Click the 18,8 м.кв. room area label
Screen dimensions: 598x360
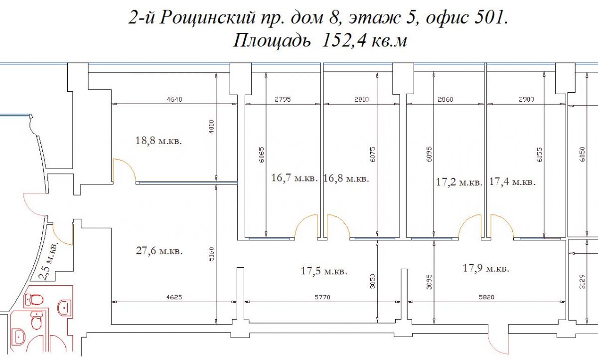pyautogui.click(x=158, y=141)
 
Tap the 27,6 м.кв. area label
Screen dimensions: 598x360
pyautogui.click(x=159, y=251)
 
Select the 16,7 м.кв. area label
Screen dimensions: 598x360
pyautogui.click(x=295, y=178)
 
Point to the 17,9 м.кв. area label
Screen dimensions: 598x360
pyautogui.click(x=486, y=268)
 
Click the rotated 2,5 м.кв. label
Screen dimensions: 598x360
pyautogui.click(x=49, y=261)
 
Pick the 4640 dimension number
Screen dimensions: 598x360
pyautogui.click(x=174, y=99)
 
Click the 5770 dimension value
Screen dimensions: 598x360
pyautogui.click(x=322, y=297)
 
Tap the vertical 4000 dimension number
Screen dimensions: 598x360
pyautogui.click(x=211, y=127)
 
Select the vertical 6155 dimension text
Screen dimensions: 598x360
pyautogui.click(x=540, y=155)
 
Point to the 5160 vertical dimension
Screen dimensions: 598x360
pyautogui.click(x=211, y=254)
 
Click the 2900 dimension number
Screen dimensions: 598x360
pyautogui.click(x=526, y=99)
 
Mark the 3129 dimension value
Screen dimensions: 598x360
pyautogui.click(x=582, y=282)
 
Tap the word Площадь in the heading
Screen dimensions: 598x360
pyautogui.click(x=272, y=41)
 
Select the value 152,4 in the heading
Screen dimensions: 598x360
pyautogui.click(x=344, y=41)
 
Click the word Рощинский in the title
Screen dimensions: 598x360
pyautogui.click(x=207, y=18)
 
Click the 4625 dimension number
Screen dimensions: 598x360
pyautogui.click(x=174, y=297)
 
